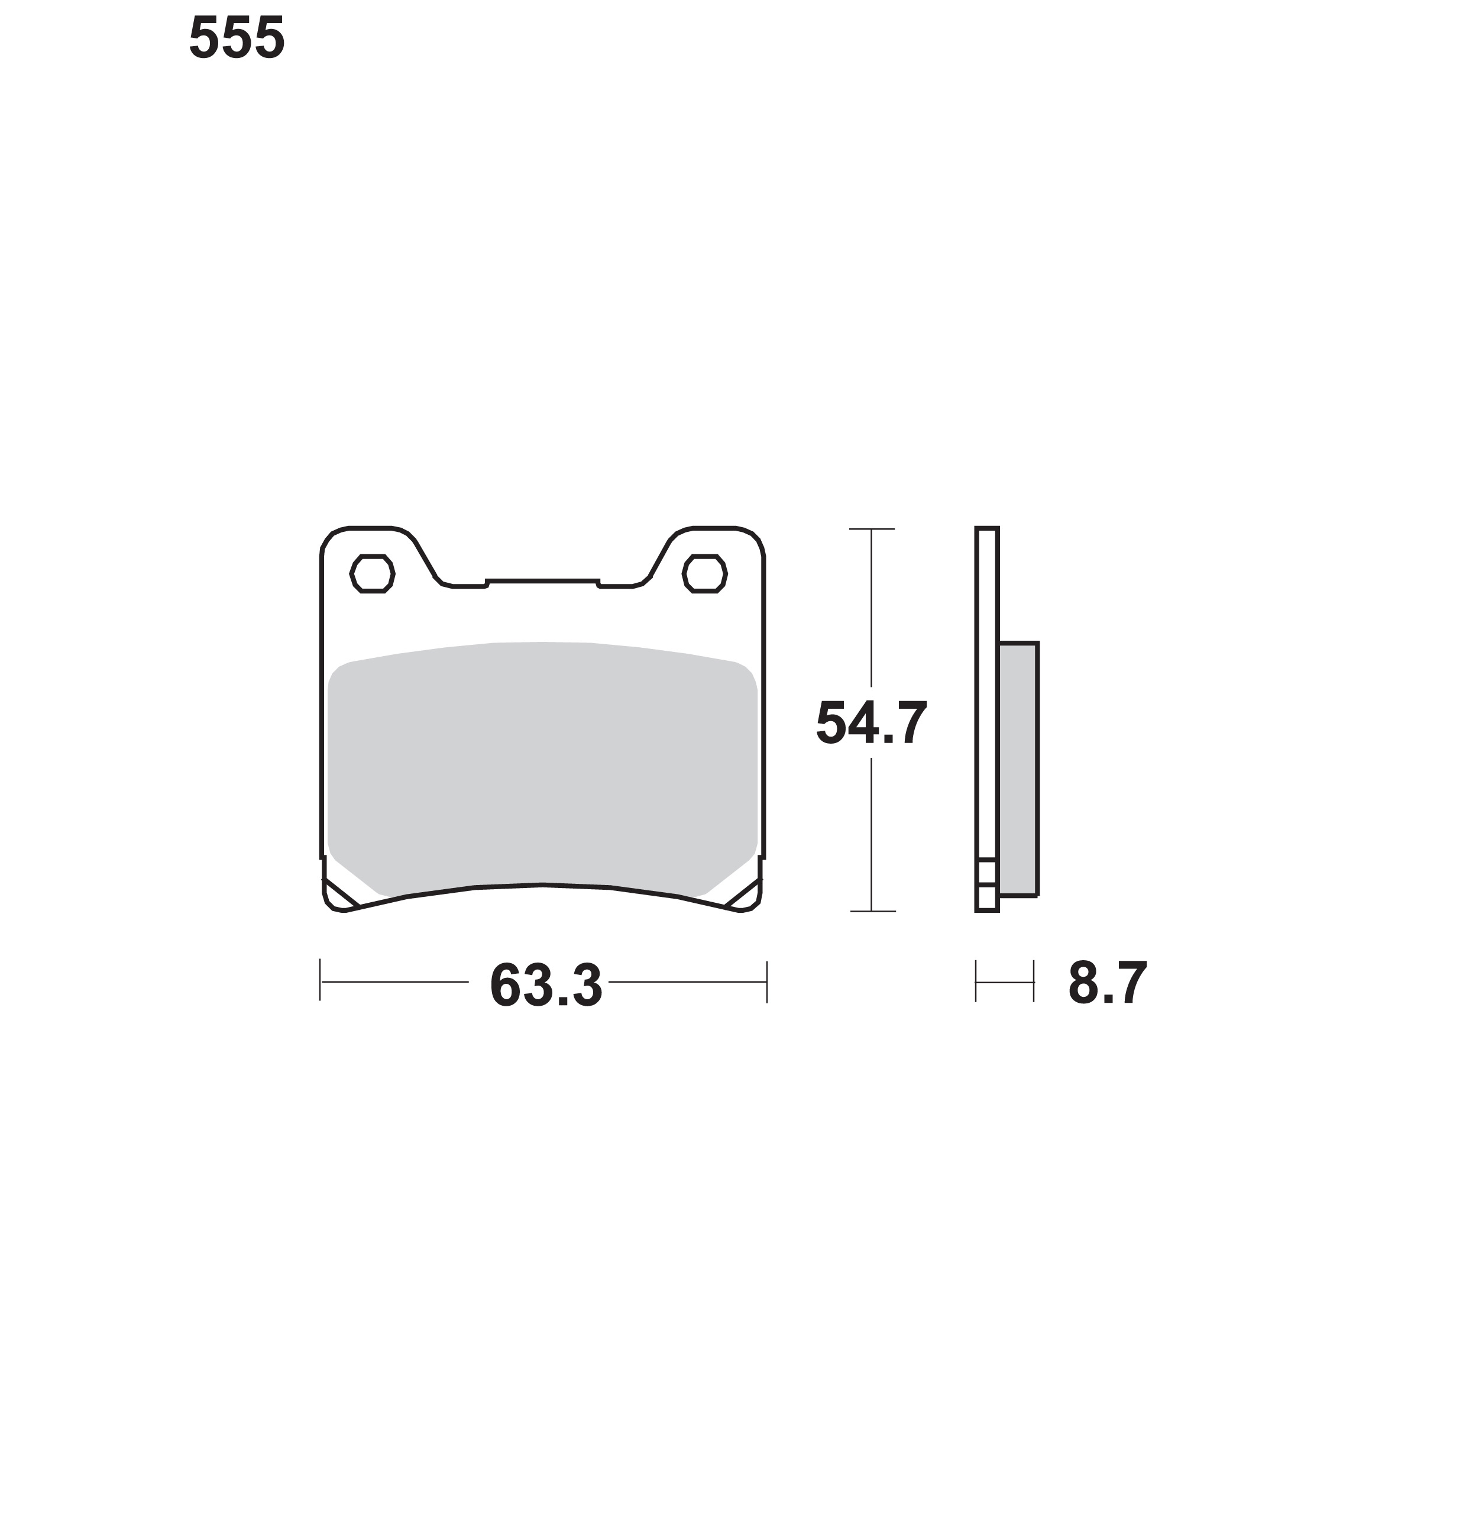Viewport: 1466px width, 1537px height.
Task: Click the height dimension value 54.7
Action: point(871,723)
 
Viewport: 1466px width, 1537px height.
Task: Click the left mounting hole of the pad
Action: point(372,574)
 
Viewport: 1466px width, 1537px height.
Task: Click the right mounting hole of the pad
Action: point(705,574)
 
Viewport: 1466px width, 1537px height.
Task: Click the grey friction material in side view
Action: point(1018,769)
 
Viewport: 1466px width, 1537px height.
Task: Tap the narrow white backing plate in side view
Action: point(987,719)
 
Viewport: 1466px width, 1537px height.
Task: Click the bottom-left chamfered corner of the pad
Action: point(340,895)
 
